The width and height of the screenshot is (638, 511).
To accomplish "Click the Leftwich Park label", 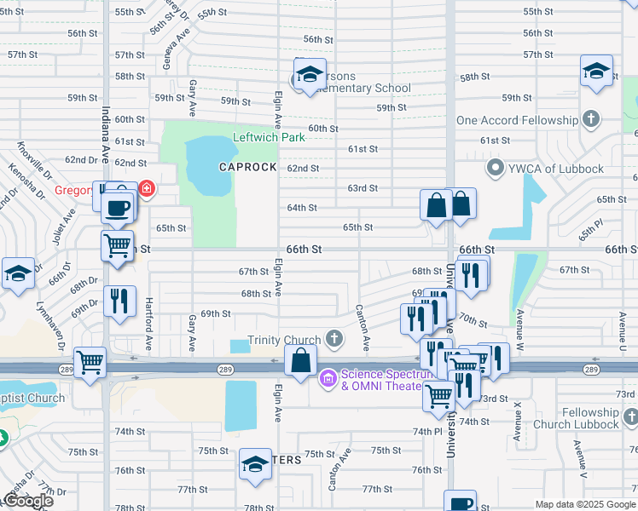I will tap(269, 137).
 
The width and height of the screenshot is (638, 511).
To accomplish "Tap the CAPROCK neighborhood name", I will tap(247, 167).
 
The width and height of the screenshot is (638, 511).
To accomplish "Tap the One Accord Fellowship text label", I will tap(514, 121).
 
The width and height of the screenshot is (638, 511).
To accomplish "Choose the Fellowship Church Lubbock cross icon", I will tap(629, 417).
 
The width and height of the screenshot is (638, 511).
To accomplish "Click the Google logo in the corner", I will tap(28, 501).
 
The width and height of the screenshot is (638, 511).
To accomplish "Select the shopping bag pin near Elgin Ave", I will tap(301, 360).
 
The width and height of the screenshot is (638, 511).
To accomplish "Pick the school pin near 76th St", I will tap(255, 464).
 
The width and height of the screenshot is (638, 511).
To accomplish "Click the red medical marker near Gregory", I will tap(147, 187).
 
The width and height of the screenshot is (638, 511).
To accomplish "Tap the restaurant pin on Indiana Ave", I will tap(119, 301).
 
